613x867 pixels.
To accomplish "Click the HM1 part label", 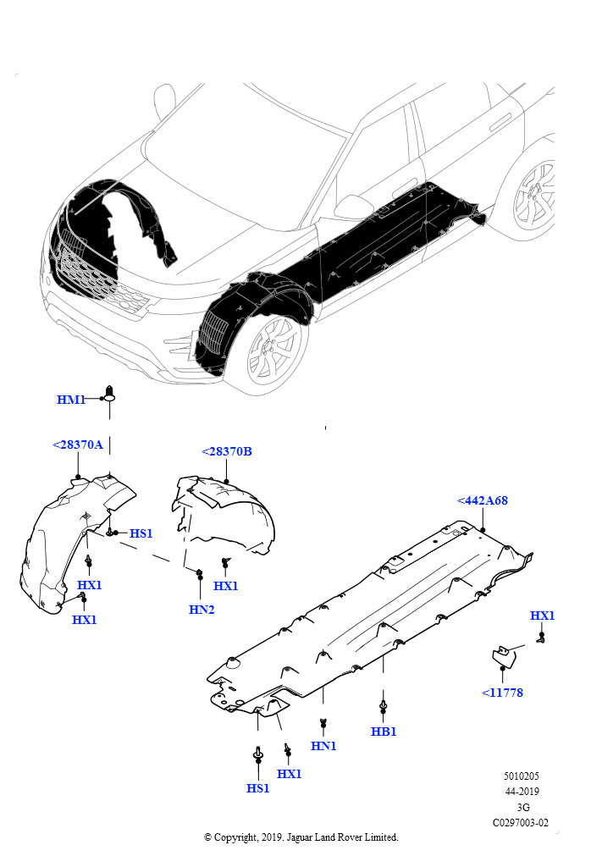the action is [71, 400].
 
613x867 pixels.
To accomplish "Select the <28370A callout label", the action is [77, 445].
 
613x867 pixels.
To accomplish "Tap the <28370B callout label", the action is [227, 451].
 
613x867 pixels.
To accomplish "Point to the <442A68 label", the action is [483, 500].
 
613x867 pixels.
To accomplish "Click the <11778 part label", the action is [502, 693].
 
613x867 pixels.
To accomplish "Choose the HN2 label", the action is [202, 610].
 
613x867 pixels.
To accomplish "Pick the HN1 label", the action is [323, 746].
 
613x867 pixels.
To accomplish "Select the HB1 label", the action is [384, 732].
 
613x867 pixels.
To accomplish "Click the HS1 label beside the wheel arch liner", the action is [141, 533].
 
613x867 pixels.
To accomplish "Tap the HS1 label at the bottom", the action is [257, 788].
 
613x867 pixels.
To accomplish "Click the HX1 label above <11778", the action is [542, 616].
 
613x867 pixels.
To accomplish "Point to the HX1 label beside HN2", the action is [225, 586].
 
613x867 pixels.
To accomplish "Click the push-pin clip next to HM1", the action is [109, 392].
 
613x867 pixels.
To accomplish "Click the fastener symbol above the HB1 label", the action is [383, 706].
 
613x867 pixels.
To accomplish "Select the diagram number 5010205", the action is [522, 776].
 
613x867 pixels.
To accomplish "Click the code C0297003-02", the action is [521, 823].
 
